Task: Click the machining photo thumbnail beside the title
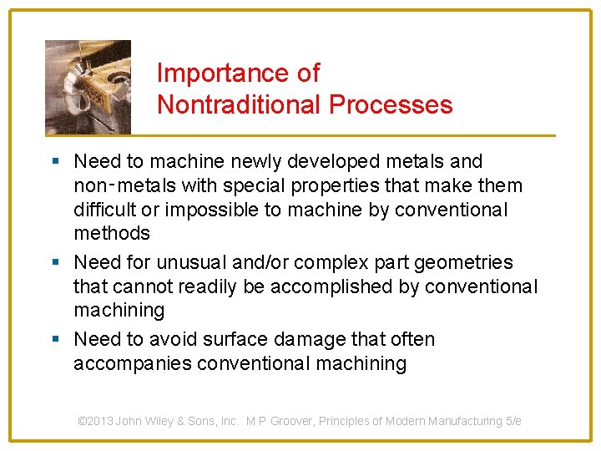[88, 87]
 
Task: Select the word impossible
[220, 210]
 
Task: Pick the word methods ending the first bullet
[112, 233]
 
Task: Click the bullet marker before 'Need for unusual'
[55, 262]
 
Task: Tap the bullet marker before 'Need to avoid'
[55, 339]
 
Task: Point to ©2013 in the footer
[95, 421]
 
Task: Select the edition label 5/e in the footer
[513, 421]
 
